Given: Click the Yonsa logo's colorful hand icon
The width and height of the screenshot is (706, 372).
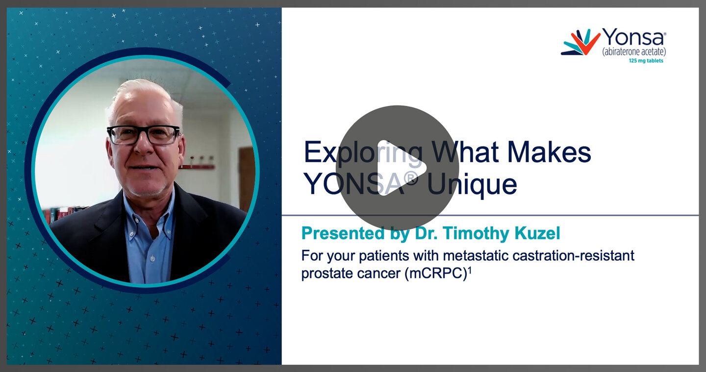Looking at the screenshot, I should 580,43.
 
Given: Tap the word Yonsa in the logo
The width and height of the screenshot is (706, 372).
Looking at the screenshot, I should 633,38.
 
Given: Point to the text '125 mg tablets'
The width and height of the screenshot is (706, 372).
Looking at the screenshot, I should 646,61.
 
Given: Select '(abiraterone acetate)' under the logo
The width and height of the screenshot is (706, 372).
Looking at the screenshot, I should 633,51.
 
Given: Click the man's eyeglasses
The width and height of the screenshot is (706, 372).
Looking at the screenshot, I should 143,134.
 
